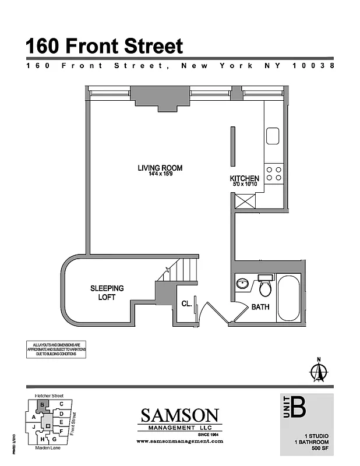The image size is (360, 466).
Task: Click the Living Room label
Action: coord(160,168)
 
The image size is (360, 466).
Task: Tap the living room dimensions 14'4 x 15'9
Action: coord(160,174)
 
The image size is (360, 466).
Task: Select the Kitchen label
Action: coord(244,178)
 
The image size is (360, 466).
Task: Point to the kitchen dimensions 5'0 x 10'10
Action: coord(244,185)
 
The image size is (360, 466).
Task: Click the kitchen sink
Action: coord(273,136)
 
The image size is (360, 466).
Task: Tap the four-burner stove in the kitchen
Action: coord(274,173)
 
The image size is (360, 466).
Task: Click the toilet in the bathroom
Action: coord(266,285)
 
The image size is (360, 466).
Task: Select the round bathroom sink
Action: coord(242,284)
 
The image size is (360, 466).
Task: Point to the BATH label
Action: coord(260,307)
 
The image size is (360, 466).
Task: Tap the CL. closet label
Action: coord(186,303)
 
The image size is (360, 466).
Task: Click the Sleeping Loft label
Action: coord(107,292)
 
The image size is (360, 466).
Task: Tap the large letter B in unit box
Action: coord(298,407)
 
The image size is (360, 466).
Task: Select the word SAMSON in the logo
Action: coord(180,416)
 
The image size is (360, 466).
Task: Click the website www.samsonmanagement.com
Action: coord(179,442)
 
